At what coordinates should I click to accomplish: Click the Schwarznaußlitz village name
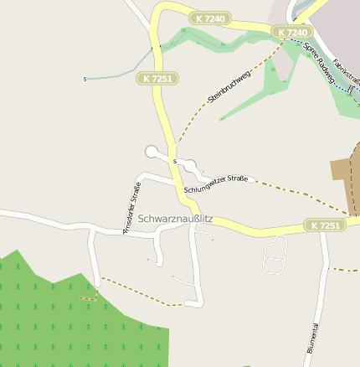[x=175, y=219]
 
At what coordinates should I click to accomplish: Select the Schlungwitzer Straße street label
[x=215, y=183]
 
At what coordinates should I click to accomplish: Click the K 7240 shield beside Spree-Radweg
[x=292, y=33]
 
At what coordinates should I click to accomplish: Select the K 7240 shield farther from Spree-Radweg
[x=208, y=18]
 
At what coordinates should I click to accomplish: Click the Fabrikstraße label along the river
[x=344, y=71]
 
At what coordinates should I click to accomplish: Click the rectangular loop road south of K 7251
[x=275, y=255]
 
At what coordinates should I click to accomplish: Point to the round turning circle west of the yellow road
[x=152, y=152]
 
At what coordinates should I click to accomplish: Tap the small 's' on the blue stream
[x=85, y=80]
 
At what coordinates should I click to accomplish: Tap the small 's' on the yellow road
[x=174, y=160]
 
